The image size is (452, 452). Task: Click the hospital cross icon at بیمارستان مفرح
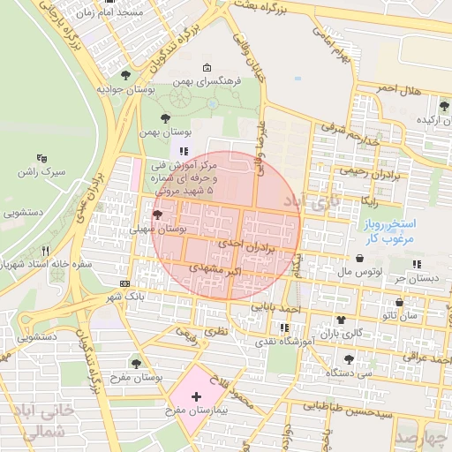pyautogui.click(x=195, y=399)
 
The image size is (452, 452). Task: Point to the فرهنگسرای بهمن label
pyautogui.click(x=207, y=81)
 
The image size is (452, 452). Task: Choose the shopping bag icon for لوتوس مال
pyautogui.click(x=360, y=259)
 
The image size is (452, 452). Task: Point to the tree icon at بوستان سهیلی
pyautogui.click(x=157, y=215)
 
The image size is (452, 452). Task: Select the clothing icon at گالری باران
pyautogui.click(x=340, y=319)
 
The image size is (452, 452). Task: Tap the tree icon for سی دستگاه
pyautogui.click(x=350, y=359)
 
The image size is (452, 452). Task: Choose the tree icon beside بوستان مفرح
pyautogui.click(x=136, y=364)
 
